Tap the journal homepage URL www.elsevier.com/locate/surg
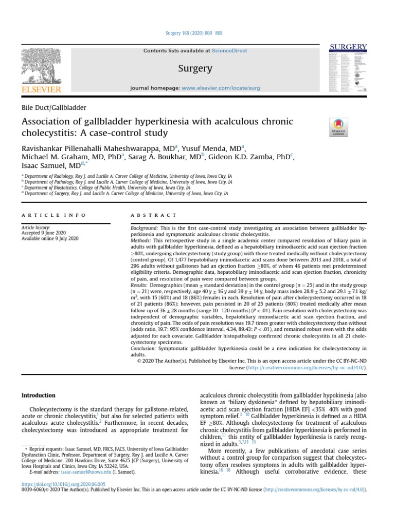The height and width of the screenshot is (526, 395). coord(221,88)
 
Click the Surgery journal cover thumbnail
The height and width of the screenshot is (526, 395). coord(348,68)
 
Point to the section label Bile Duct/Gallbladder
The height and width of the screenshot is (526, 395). coord(53,108)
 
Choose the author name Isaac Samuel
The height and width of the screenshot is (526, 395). coord(45,165)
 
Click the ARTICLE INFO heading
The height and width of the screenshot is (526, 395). coord(53,215)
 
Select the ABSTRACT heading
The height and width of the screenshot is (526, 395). coord(154,215)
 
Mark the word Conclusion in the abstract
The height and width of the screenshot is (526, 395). coord(147,349)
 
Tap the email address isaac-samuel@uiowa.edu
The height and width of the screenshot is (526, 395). coord(79,471)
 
